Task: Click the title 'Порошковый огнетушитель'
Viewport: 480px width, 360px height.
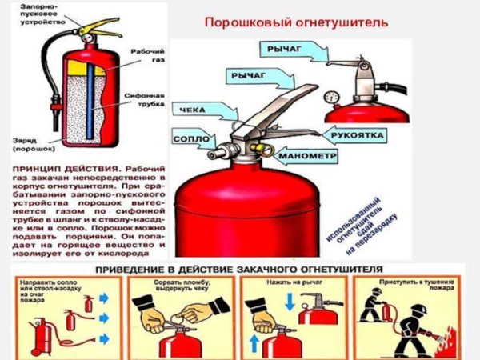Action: point(296,23)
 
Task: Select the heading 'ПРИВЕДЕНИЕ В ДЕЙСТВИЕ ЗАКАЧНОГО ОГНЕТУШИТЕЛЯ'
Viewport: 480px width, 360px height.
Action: point(238,270)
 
